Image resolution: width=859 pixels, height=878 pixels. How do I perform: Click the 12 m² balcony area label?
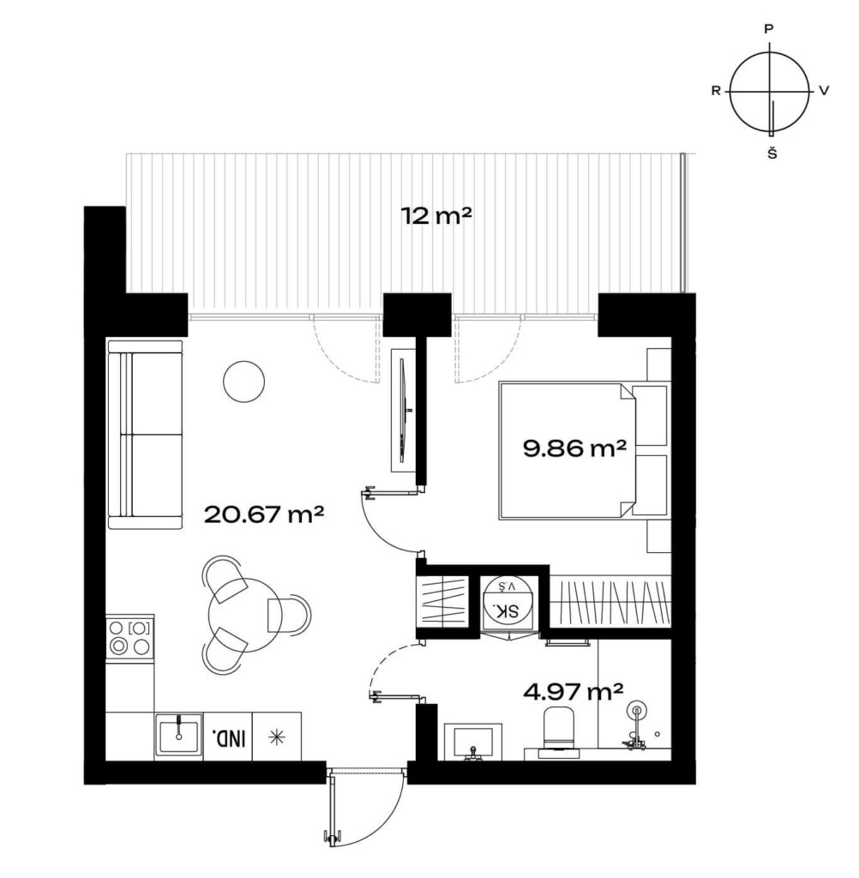click(x=436, y=215)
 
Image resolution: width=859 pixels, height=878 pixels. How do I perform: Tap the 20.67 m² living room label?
click(x=264, y=514)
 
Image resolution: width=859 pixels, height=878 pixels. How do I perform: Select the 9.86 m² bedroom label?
click(x=574, y=448)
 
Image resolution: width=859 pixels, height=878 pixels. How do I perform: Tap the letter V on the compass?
click(x=824, y=90)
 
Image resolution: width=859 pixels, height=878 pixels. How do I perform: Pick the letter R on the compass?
click(x=716, y=90)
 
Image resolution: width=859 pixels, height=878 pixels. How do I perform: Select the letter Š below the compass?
click(x=772, y=153)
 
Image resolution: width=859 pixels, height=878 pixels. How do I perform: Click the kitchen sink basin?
click(x=178, y=736)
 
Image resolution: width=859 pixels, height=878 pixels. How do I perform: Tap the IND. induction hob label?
click(x=229, y=738)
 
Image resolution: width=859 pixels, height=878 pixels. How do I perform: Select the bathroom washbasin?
click(x=473, y=742)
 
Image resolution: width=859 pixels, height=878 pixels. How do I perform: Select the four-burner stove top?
click(x=129, y=637)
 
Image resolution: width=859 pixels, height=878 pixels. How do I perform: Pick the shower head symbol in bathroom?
click(x=637, y=711)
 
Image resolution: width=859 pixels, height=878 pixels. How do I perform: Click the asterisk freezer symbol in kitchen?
click(x=276, y=737)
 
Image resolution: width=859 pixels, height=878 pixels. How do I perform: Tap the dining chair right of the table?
click(x=289, y=615)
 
